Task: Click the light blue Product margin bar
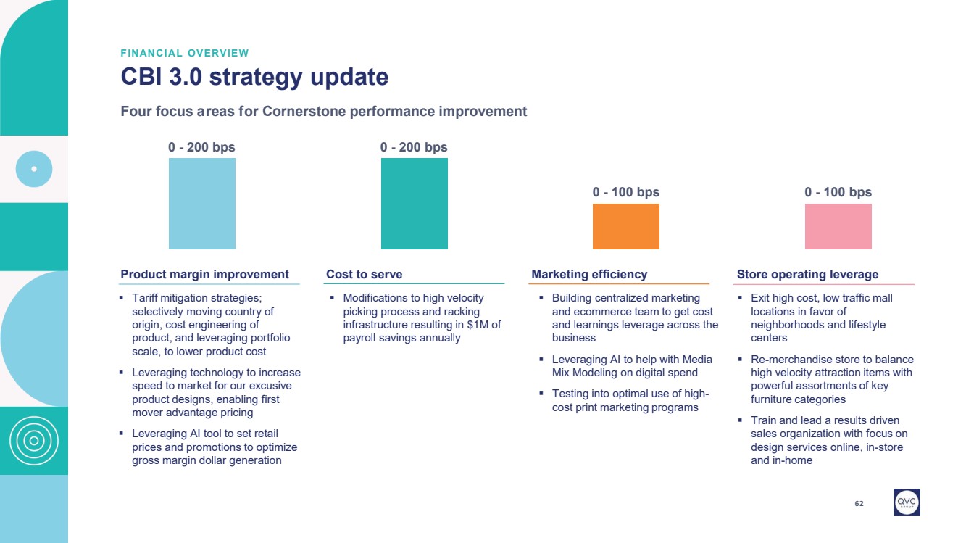pos(201,204)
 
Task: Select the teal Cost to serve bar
pos(414,204)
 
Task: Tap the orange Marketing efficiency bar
pos(625,226)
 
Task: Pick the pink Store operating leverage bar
pos(838,226)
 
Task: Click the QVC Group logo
pos(907,502)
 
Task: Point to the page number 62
pos(859,503)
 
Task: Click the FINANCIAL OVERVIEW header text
pos(185,53)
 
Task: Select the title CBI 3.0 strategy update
pos(254,77)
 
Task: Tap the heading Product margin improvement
pos(204,274)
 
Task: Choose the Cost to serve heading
pos(364,274)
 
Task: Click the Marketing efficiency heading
pos(589,274)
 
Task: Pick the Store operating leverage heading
pos(807,274)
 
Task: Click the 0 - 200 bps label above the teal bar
pos(414,147)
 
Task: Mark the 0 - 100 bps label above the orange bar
pos(625,192)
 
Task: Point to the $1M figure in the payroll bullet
pos(476,325)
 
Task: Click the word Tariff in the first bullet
pos(147,298)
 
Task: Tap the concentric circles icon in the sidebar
pos(33,441)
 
